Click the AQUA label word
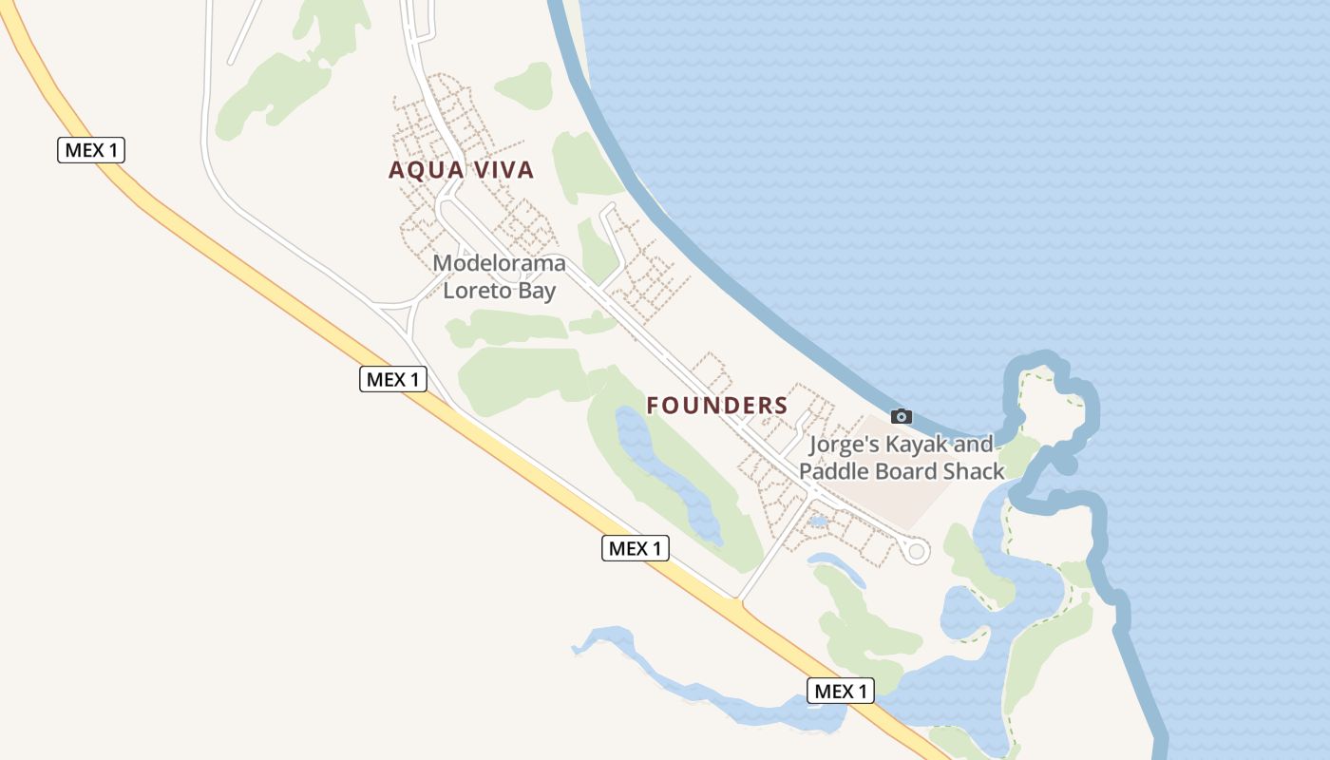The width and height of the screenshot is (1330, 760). tap(424, 170)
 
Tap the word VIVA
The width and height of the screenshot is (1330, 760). tap(500, 170)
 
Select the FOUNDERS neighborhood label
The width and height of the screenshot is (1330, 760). tap(717, 406)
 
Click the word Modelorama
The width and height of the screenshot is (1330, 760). tap(499, 263)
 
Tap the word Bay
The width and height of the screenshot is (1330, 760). tap(537, 291)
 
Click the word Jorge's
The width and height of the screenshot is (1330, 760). tap(843, 444)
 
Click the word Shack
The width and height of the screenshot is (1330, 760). tap(974, 471)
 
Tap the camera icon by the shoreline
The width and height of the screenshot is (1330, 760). tap(902, 416)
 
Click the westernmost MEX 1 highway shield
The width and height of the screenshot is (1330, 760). tap(91, 150)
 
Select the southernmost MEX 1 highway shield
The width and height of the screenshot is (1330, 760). tap(841, 691)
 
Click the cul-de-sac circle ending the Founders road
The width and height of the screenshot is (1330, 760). tap(916, 551)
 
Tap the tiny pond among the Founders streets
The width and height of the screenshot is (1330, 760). tap(817, 522)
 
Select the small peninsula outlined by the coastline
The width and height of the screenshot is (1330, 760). tap(1050, 399)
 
